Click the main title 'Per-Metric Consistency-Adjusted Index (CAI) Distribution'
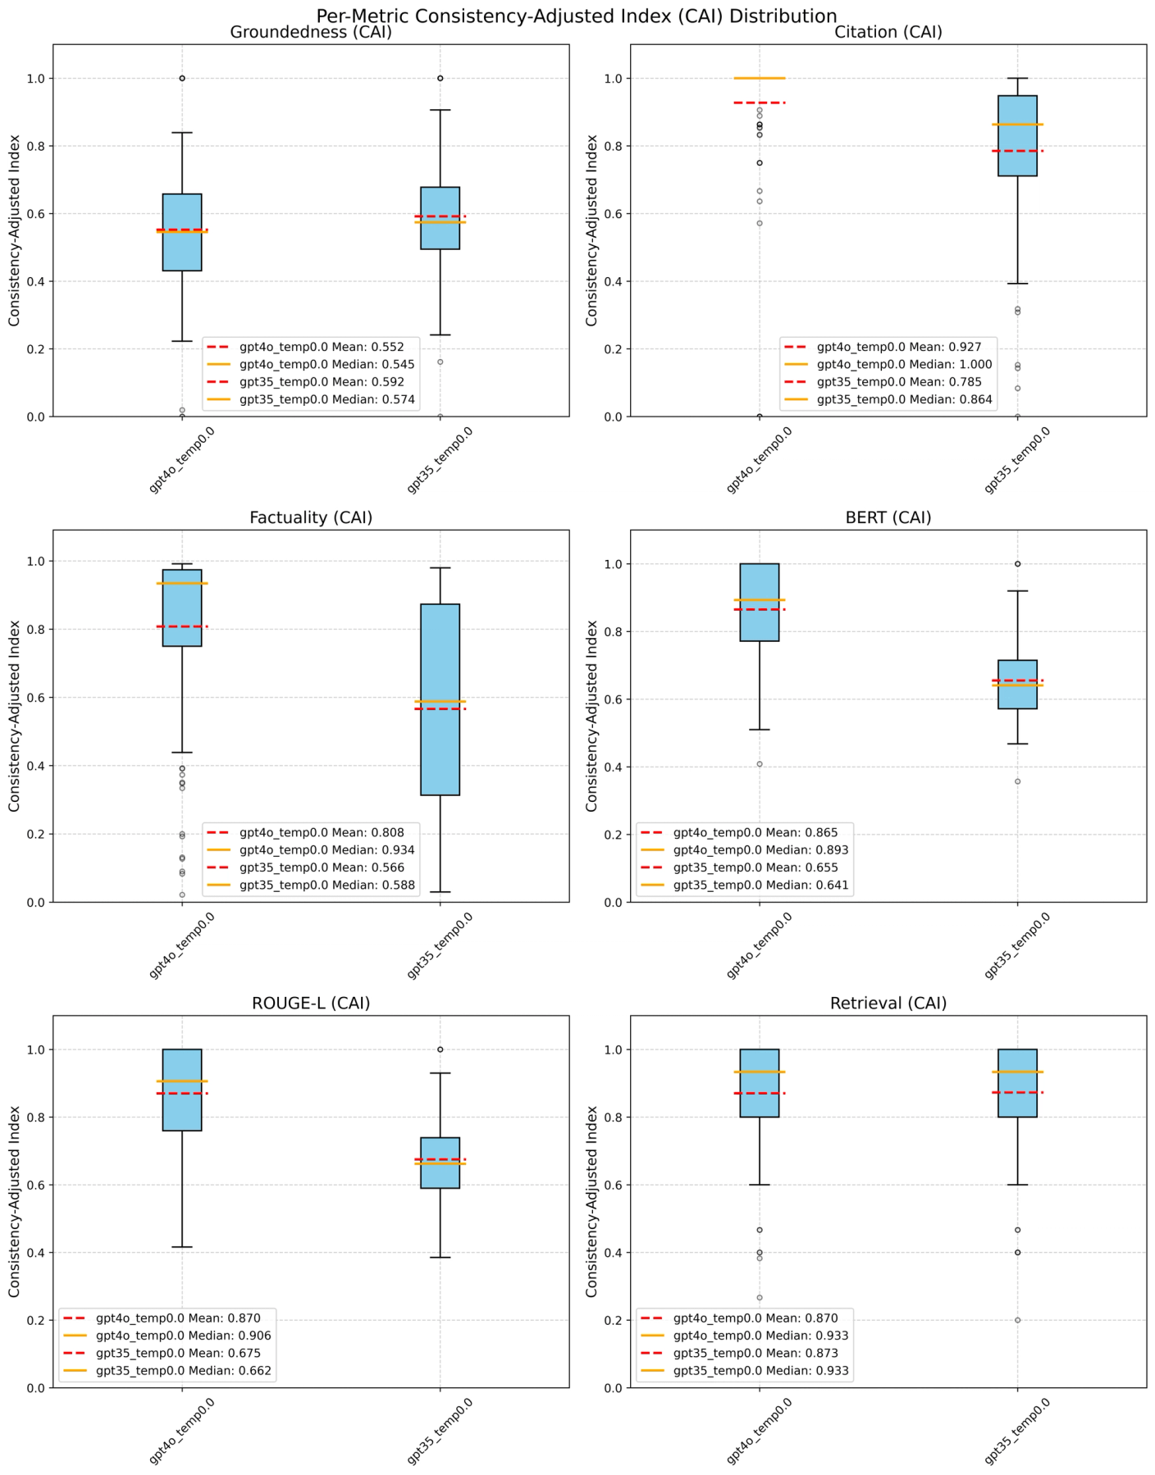pyautogui.click(x=577, y=16)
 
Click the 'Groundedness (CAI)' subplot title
pyautogui.click(x=311, y=33)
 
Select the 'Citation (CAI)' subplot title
pyautogui.click(x=888, y=33)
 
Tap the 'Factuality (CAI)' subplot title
pyautogui.click(x=311, y=518)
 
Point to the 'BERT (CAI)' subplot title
pyautogui.click(x=888, y=518)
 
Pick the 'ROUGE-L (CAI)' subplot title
pyautogui.click(x=311, y=1004)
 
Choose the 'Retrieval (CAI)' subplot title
pyautogui.click(x=888, y=1004)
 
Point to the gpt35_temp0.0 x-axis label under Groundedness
pyautogui.click(x=441, y=460)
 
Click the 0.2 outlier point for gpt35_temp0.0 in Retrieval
pyautogui.click(x=1017, y=1320)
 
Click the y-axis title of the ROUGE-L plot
pyautogui.click(x=15, y=1201)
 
